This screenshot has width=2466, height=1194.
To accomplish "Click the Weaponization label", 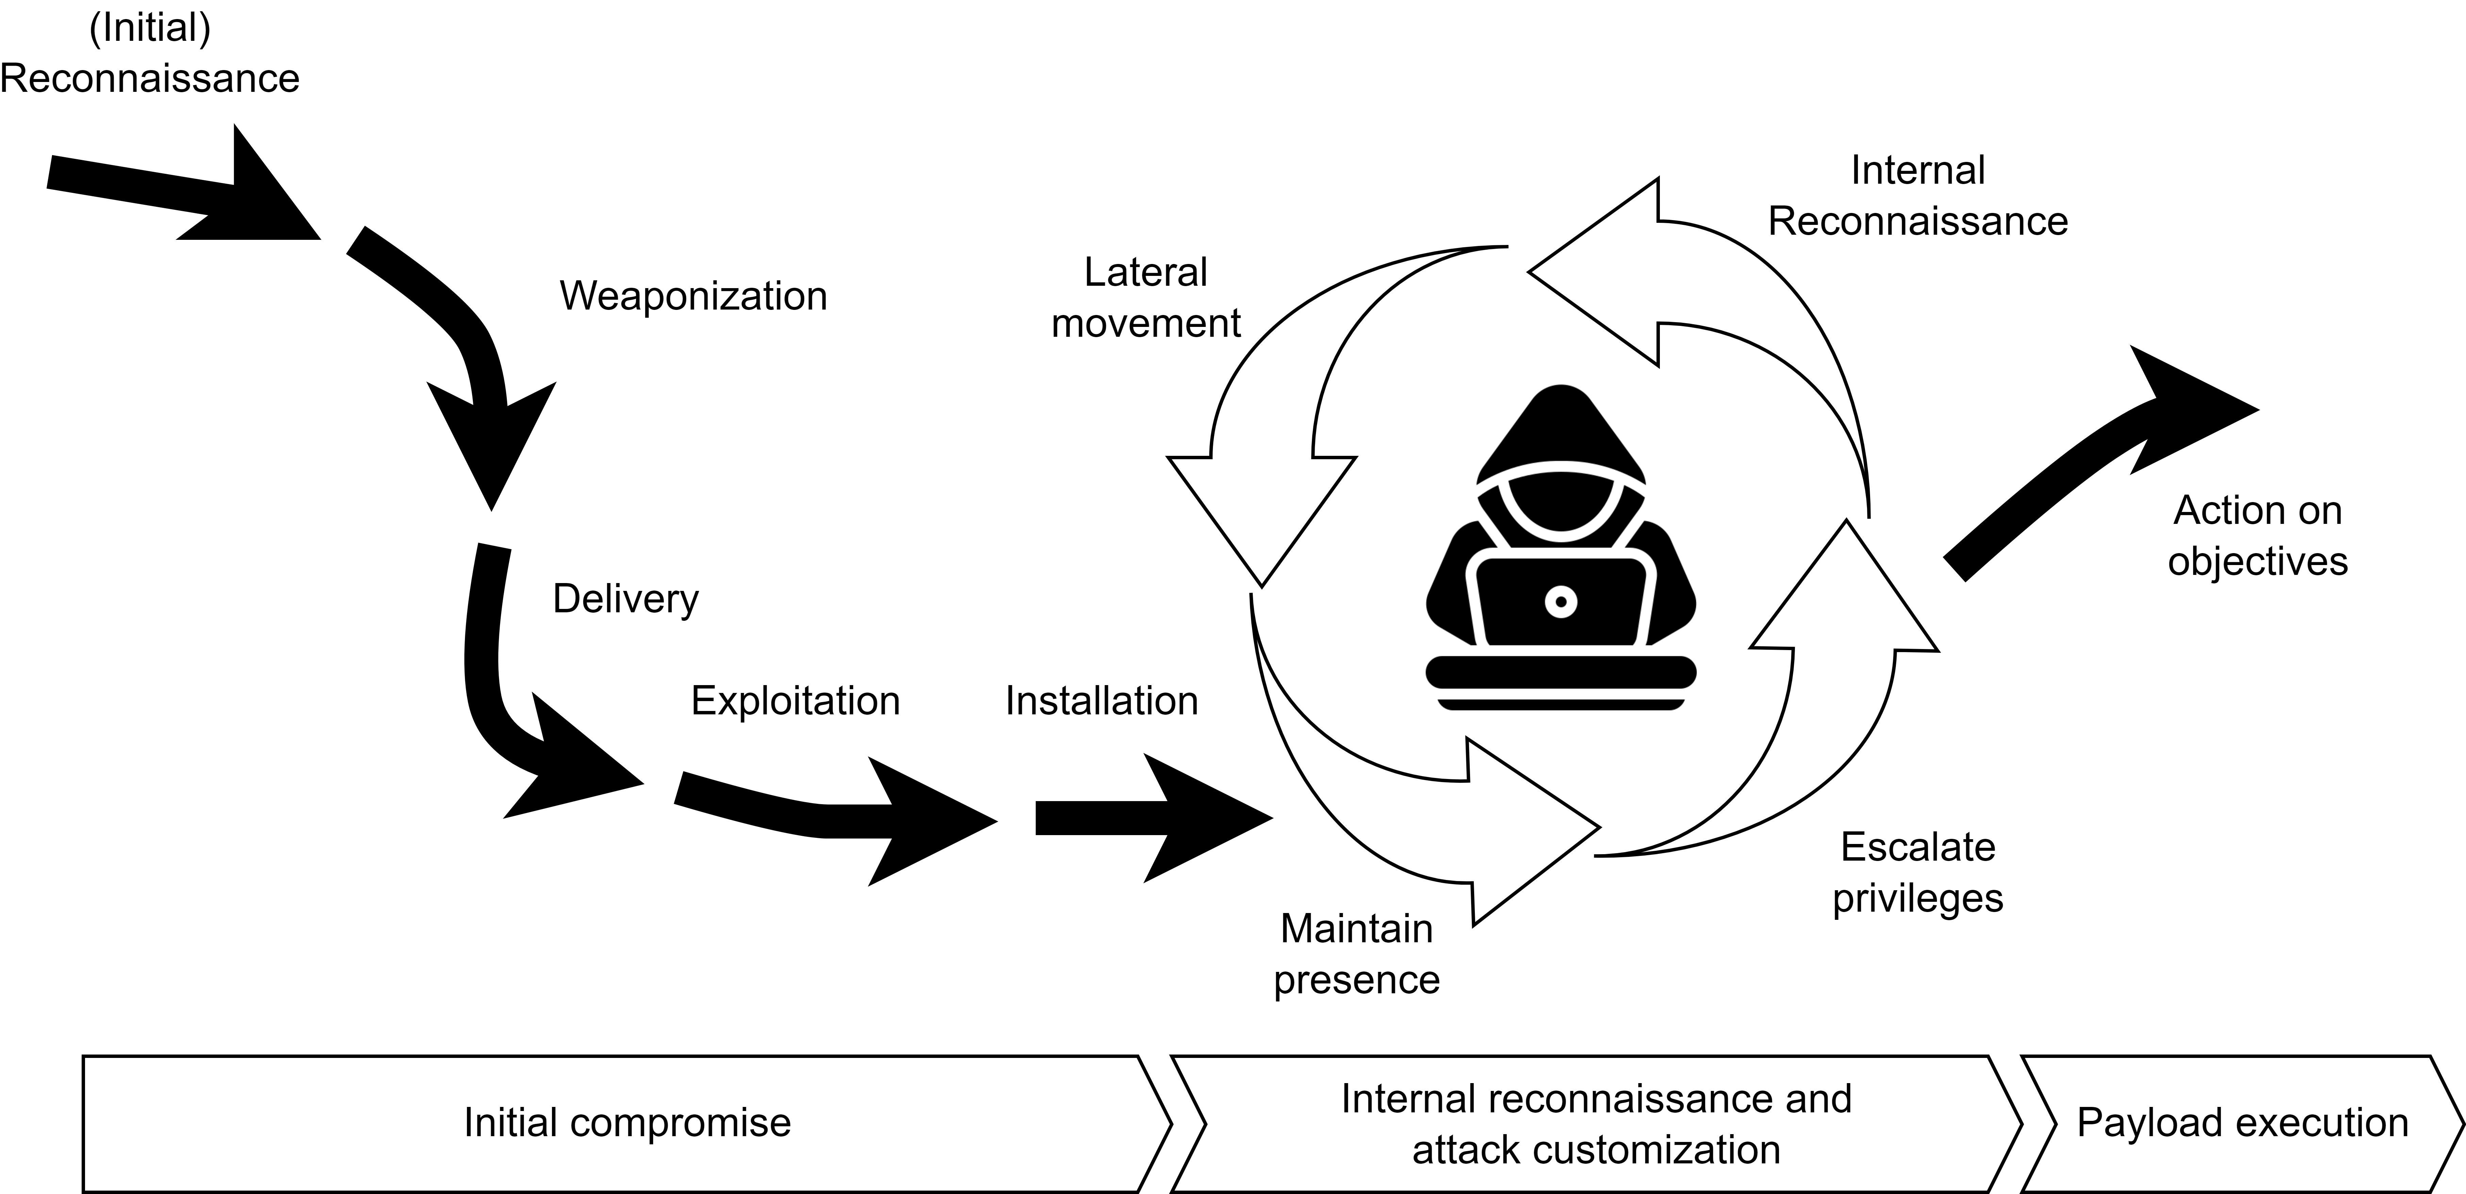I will tap(693, 296).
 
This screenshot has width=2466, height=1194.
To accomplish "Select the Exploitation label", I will tap(796, 701).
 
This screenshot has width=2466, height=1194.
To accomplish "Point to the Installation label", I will tap(1101, 701).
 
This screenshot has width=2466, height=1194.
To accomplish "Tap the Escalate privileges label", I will tap(1917, 872).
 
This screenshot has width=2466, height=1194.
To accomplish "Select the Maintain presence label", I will tap(1356, 953).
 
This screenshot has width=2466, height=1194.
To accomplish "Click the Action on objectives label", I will tap(2257, 535).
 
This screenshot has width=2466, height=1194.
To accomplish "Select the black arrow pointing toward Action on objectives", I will tap(2106, 460).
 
